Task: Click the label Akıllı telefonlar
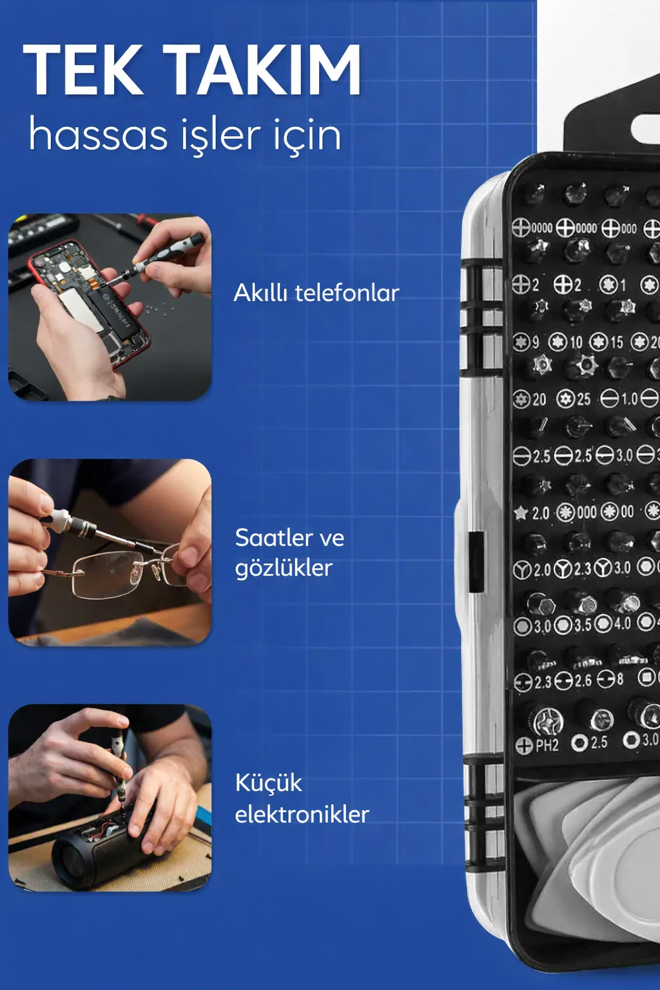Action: [x=316, y=293]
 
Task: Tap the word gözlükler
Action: [x=284, y=568]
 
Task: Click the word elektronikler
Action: [x=302, y=815]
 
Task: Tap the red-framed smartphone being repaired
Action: [x=90, y=303]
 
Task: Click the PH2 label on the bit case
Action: [x=547, y=746]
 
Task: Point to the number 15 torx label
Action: [x=616, y=342]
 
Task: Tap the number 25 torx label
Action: [x=583, y=400]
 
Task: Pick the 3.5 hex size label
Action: [x=582, y=625]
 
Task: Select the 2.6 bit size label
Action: [x=582, y=681]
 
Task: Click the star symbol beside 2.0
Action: [x=521, y=513]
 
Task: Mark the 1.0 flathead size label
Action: [x=629, y=400]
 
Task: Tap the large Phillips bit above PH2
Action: [x=548, y=721]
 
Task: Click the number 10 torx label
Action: [x=576, y=342]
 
